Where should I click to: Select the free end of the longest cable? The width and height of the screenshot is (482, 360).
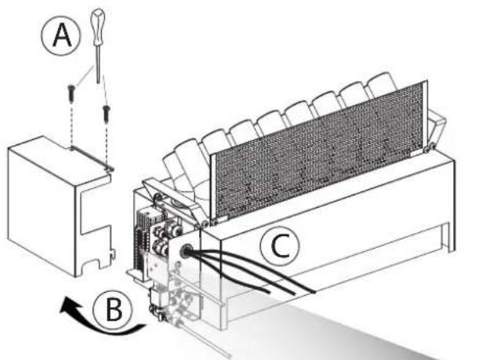tap(314, 293)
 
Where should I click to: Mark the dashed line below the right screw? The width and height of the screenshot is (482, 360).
tap(105, 141)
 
